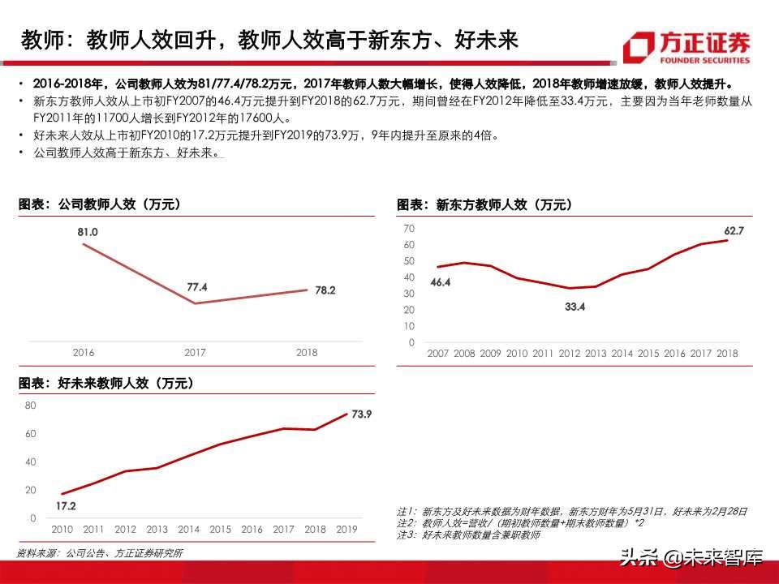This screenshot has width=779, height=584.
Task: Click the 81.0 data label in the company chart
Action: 88,232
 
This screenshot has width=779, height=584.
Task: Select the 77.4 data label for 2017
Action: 197,287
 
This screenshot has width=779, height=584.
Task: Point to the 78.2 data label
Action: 325,290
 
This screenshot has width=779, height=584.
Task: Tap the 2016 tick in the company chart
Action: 84,353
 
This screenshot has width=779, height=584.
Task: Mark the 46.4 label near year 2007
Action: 440,282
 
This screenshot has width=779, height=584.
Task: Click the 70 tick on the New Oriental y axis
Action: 409,229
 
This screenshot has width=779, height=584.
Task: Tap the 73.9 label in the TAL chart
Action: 361,414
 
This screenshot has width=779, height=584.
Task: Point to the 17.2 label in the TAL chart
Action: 66,506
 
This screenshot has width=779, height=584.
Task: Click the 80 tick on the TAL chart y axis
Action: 30,405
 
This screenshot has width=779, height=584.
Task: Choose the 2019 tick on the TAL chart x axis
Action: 346,530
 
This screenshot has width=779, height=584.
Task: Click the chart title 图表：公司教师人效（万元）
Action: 100,205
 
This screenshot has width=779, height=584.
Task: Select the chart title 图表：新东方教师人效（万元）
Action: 484,205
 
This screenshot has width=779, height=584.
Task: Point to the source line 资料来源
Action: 99,553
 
